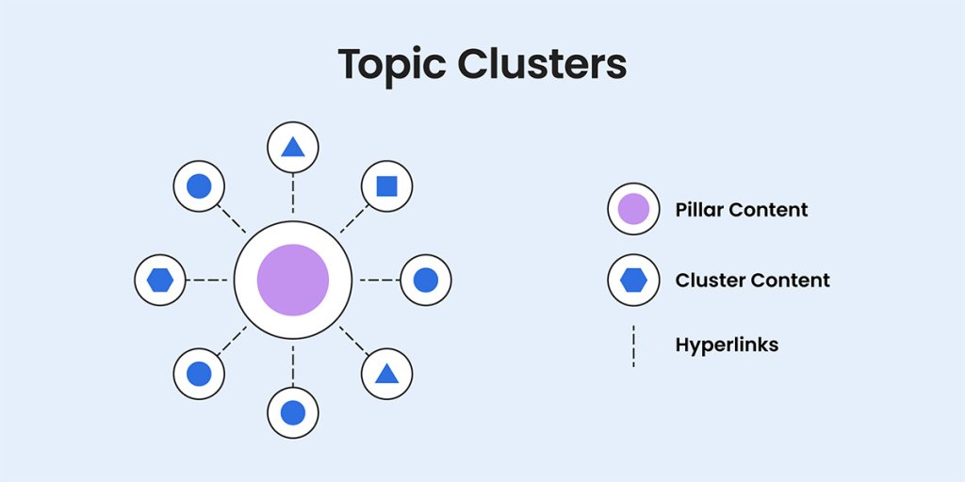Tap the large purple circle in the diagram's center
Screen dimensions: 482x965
point(293,280)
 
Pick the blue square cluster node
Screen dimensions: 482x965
point(386,185)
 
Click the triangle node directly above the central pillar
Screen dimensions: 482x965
point(293,147)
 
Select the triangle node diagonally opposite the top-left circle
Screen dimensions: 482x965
point(386,374)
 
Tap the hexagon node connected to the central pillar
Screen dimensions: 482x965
point(160,280)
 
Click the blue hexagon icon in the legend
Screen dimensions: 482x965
point(633,280)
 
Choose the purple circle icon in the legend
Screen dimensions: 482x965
point(633,209)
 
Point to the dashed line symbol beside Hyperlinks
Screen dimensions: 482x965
point(633,345)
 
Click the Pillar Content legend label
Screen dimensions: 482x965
point(742,209)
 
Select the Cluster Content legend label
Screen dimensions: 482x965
point(752,280)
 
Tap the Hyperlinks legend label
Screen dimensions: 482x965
point(727,345)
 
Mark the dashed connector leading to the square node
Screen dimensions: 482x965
point(352,219)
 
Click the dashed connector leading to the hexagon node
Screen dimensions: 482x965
point(208,280)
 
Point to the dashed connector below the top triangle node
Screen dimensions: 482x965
point(293,194)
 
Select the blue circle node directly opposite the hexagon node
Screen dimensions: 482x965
point(426,280)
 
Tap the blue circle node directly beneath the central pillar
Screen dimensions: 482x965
point(293,412)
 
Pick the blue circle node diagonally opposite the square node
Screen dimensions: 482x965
point(199,374)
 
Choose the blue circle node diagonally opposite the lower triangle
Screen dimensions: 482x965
point(199,185)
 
